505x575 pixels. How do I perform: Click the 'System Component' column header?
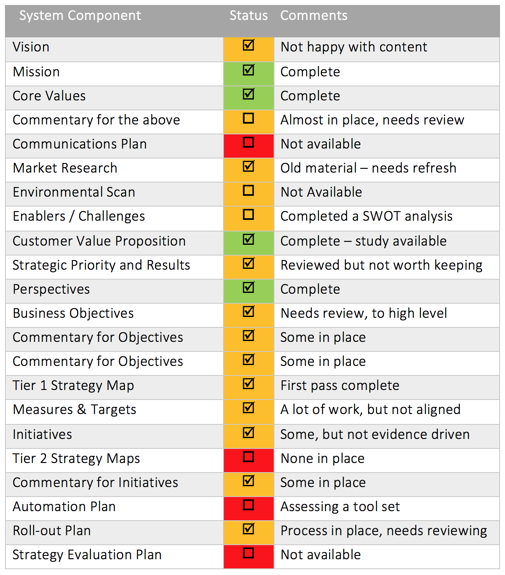pos(80,16)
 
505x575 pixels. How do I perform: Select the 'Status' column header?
pos(248,16)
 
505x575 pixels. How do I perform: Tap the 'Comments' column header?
pos(314,16)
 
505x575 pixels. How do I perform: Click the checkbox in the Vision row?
pos(248,45)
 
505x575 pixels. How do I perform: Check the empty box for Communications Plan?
pos(248,143)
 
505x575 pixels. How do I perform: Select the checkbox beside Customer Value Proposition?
pos(248,240)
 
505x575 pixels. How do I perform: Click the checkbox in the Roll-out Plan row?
pos(248,529)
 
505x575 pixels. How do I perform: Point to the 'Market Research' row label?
pos(65,168)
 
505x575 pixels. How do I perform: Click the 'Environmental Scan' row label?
pos(74,192)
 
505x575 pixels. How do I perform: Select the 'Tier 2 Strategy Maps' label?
pos(76,458)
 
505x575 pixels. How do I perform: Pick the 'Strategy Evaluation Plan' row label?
pos(87,555)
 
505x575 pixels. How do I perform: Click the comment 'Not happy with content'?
pos(354,47)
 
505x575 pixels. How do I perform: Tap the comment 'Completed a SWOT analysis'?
pos(367,216)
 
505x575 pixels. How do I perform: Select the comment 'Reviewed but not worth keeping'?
pos(381,265)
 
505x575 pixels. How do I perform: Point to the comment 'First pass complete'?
pos(340,385)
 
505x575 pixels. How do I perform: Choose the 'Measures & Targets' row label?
pos(75,409)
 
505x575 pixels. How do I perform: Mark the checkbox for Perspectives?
pos(248,288)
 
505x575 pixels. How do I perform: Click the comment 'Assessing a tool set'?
pos(340,507)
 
